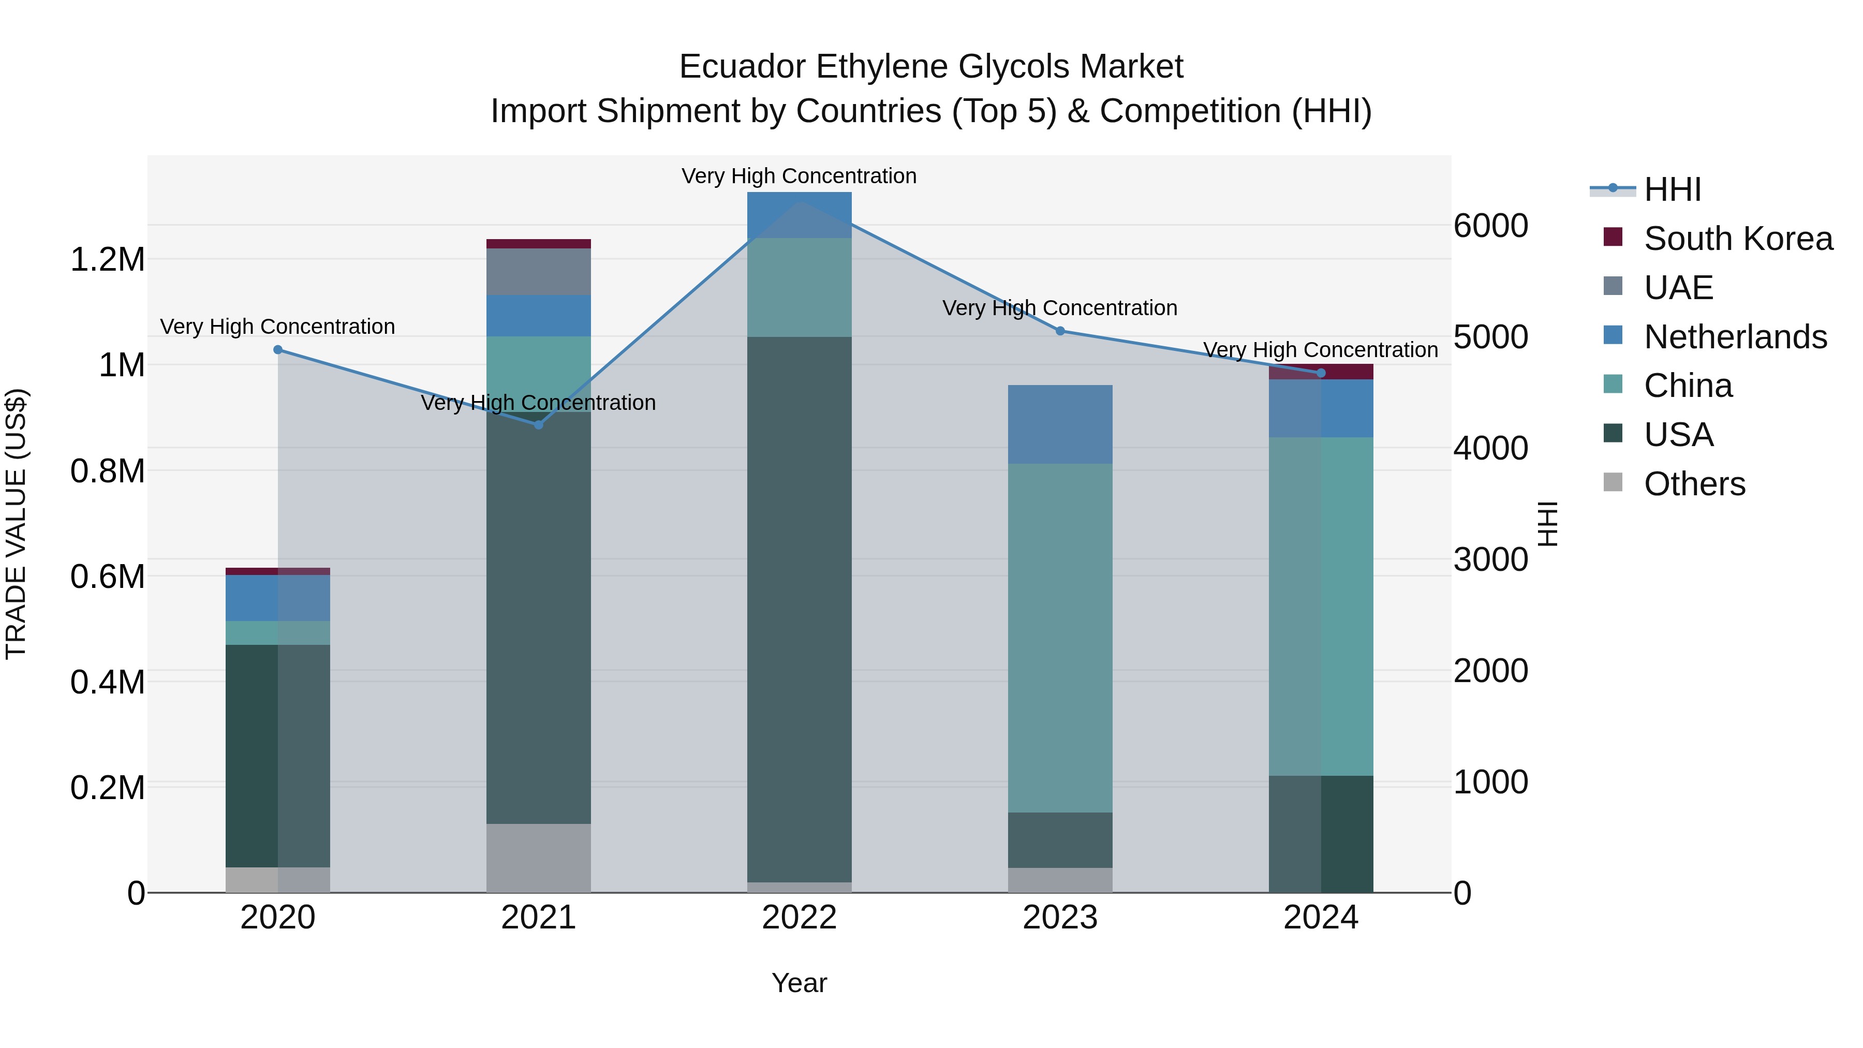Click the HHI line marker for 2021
538,424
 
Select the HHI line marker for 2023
1060,331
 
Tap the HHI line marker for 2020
278,349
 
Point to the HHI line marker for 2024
1321,373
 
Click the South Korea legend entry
1737,239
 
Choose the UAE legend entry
1678,288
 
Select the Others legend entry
1694,484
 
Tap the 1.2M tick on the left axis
107,260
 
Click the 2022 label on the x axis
799,918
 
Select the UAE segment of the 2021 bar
538,271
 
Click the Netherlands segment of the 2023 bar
1060,424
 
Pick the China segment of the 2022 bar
799,287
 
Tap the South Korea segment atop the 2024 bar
1321,371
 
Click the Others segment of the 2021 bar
538,858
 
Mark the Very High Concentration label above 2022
799,176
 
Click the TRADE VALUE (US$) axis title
16,524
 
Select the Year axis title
799,983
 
